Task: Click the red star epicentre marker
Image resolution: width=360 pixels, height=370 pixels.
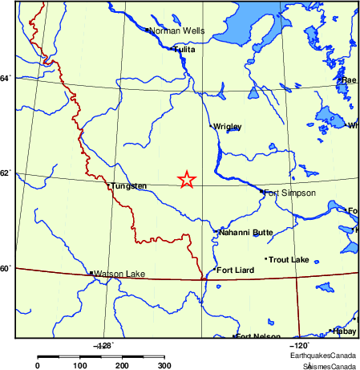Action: point(186,180)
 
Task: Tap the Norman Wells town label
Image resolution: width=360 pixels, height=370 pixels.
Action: point(177,31)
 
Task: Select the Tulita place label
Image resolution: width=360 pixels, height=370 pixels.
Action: point(186,50)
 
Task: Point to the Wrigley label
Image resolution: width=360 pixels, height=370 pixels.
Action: point(227,127)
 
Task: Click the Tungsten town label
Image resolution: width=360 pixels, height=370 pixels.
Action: point(129,186)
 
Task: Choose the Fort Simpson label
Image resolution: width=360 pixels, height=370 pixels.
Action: point(289,193)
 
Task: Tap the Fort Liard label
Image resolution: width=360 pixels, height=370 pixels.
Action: point(236,270)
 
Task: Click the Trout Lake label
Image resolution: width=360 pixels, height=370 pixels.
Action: point(289,260)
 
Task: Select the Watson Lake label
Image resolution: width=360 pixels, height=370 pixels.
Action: point(119,274)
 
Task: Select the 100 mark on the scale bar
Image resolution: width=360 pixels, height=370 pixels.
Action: point(80,365)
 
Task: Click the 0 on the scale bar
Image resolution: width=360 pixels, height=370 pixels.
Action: point(38,365)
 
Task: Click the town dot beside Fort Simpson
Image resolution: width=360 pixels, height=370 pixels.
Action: point(261,191)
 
